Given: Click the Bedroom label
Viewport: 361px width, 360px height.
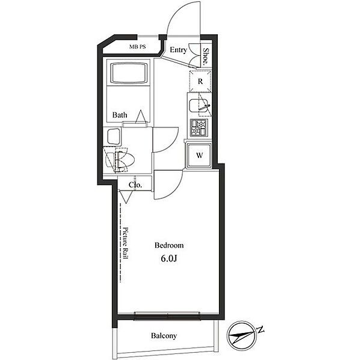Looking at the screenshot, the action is tap(169, 245).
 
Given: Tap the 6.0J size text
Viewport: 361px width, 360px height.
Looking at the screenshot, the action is tap(169, 258).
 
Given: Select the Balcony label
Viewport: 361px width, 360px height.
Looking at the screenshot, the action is tap(164, 335).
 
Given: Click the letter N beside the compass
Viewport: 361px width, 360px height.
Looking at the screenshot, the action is tap(261, 329).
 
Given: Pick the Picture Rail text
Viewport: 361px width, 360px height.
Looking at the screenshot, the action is tap(126, 243).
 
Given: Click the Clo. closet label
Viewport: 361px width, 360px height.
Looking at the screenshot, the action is tap(135, 185).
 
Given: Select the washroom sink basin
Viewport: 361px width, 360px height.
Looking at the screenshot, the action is tap(114, 136).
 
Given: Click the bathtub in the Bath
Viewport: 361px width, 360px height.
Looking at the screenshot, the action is tap(129, 73).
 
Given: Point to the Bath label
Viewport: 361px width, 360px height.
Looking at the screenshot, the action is tap(120, 115).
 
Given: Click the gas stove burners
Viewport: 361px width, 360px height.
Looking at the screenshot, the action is tap(199, 127).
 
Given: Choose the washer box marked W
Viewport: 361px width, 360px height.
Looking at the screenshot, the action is tap(199, 155).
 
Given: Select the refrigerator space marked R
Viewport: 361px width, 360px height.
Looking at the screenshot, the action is tap(200, 81).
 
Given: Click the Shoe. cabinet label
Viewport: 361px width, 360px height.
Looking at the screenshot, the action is tap(206, 56).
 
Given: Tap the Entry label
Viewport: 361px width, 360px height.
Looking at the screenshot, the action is tap(179, 50).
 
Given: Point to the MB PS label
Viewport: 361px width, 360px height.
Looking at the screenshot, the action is tap(137, 47).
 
